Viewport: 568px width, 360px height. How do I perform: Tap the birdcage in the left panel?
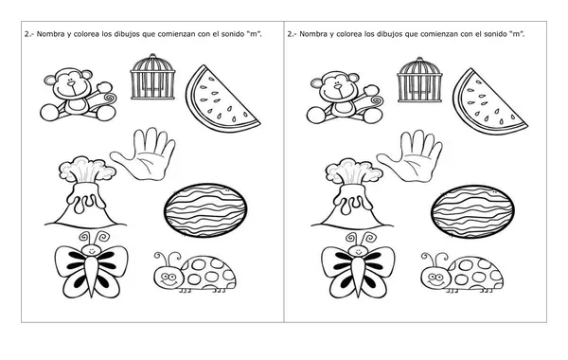tap(152, 77)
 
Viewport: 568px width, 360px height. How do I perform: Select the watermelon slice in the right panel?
tap(489, 100)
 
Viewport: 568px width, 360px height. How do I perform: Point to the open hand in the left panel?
tap(144, 154)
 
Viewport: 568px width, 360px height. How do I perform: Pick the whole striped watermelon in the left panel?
tap(205, 210)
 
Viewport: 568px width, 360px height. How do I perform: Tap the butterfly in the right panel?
tap(358, 265)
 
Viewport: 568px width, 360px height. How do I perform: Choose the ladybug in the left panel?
tap(194, 273)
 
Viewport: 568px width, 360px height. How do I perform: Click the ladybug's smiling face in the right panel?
tap(435, 279)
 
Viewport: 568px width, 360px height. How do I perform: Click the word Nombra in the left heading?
tap(50, 34)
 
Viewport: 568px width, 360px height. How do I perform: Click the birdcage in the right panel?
tap(419, 80)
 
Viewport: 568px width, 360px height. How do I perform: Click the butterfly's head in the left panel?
tap(91, 250)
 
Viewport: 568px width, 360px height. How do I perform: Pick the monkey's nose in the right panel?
tap(338, 86)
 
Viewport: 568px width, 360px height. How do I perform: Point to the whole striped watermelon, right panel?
tap(472, 211)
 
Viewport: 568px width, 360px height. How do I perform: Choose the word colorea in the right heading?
tap(349, 34)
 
